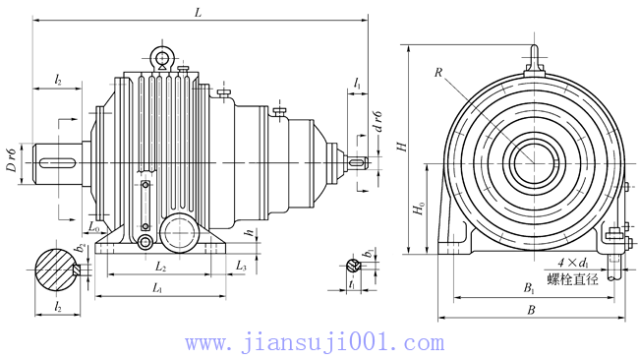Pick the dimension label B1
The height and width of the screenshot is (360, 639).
pos(529,289)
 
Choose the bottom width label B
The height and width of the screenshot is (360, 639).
pos(531,311)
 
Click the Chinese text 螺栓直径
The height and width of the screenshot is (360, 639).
pos(573,278)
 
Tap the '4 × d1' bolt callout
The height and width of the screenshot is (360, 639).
pos(573,263)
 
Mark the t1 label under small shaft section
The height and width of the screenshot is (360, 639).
pos(351,285)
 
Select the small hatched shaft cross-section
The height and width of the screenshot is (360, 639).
pos(352,265)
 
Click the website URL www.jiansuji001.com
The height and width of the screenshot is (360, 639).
pos(315,343)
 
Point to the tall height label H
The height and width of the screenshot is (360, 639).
pos(401,145)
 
